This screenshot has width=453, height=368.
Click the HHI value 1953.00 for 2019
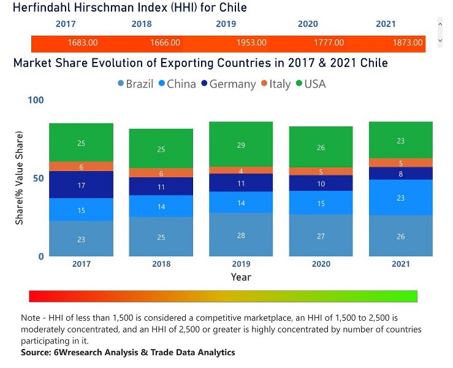(x=251, y=43)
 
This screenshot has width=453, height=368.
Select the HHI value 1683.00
(x=82, y=43)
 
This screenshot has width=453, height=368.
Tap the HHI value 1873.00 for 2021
(x=408, y=43)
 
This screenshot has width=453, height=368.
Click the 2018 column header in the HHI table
(x=141, y=24)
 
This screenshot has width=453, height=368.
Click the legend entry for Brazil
(x=135, y=84)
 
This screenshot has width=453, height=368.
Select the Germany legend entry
(x=226, y=84)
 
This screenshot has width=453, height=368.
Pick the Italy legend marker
(x=264, y=84)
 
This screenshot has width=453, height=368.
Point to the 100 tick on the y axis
(x=36, y=99)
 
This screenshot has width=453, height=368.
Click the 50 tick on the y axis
(x=39, y=178)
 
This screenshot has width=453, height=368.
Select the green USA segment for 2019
(x=240, y=144)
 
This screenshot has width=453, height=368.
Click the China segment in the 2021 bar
(x=400, y=197)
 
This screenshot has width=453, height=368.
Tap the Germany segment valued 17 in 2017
(x=82, y=185)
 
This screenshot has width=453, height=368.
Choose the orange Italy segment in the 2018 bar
(x=161, y=173)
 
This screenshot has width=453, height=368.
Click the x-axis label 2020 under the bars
(x=321, y=264)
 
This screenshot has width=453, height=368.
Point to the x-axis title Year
(x=241, y=277)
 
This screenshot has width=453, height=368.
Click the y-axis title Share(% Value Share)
(x=20, y=178)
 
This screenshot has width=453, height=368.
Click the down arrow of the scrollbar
(x=440, y=40)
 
